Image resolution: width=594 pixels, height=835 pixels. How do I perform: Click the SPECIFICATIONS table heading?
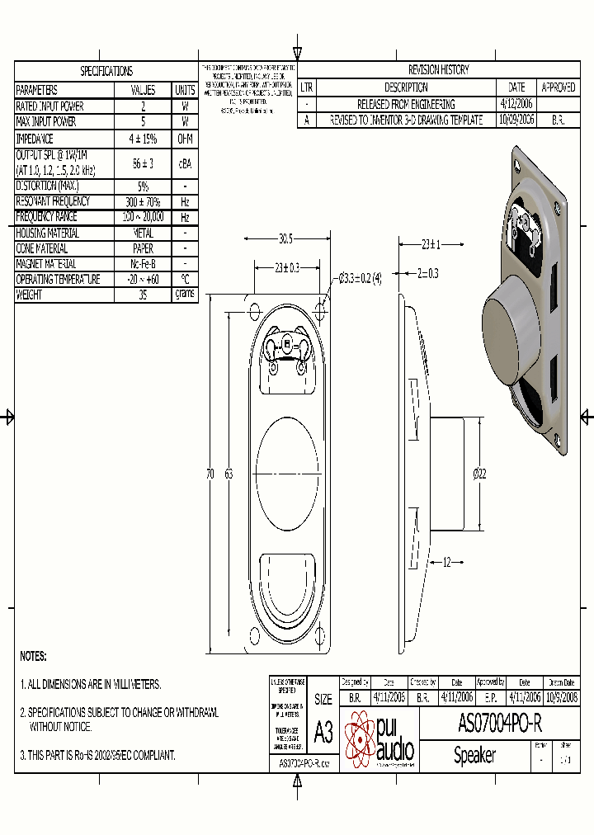click(106, 72)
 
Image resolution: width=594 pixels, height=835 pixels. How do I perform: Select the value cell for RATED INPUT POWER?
click(143, 106)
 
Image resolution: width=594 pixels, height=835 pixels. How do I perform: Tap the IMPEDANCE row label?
click(35, 139)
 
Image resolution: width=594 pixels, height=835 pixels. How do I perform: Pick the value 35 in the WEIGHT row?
click(143, 295)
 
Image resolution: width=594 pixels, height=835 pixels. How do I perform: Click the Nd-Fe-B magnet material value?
click(143, 264)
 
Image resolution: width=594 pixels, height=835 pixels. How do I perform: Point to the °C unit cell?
click(185, 280)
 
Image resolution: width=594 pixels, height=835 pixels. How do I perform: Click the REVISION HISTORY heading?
click(438, 70)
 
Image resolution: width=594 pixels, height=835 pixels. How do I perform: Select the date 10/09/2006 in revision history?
click(516, 120)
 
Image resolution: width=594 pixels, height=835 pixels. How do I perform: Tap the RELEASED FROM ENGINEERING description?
click(406, 104)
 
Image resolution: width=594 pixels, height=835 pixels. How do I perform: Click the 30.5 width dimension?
click(285, 238)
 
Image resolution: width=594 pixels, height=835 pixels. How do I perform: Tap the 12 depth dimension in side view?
click(446, 563)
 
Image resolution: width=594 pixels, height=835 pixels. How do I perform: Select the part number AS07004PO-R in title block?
click(499, 724)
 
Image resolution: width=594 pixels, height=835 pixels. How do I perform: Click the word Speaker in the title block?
click(474, 755)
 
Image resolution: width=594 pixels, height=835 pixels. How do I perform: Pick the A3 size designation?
click(323, 731)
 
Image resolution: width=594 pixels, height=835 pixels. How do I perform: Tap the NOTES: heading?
click(33, 657)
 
